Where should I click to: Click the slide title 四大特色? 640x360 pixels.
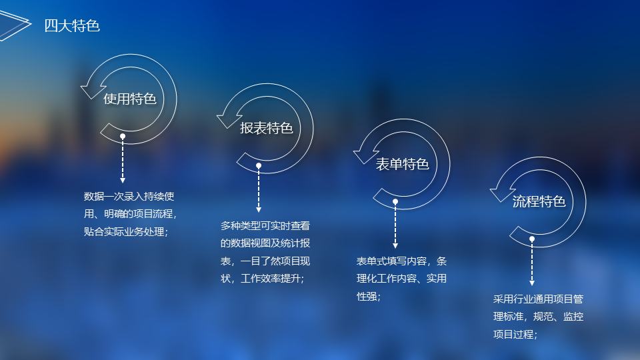click(72, 26)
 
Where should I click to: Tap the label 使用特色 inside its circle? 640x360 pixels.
click(130, 99)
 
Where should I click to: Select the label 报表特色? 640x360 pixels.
click(267, 128)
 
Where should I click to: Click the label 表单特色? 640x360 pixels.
click(403, 164)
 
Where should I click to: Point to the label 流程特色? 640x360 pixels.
click(539, 201)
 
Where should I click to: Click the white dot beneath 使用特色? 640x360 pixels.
click(123, 136)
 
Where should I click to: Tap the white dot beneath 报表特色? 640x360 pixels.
click(259, 166)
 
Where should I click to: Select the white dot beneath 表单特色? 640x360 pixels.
click(395, 201)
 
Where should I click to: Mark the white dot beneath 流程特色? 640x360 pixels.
click(532, 239)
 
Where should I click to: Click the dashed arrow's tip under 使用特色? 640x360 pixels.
click(123, 183)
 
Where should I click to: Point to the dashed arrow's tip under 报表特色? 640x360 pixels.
click(259, 212)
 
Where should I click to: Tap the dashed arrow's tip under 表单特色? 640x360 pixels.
click(395, 248)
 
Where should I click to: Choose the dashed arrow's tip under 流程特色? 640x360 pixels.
click(532, 285)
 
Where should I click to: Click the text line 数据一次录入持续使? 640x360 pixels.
click(129, 196)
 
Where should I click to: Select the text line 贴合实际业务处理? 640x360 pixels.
click(126, 232)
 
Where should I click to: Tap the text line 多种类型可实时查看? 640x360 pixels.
click(265, 226)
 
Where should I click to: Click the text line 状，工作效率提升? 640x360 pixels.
click(263, 279)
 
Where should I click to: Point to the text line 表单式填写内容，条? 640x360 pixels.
click(401, 261)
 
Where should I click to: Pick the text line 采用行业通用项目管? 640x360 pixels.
click(538, 299)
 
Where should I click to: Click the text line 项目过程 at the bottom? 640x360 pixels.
click(515, 335)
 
